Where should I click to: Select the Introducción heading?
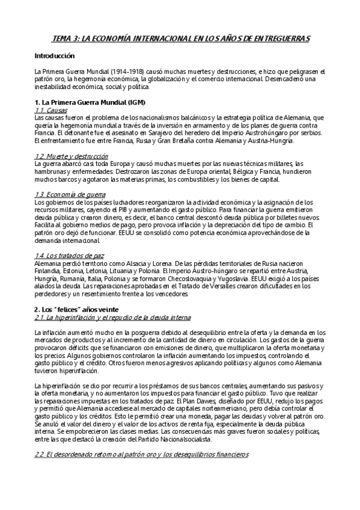(54, 55)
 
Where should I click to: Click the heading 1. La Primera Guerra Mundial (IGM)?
(90, 103)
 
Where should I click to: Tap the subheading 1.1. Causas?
(50, 110)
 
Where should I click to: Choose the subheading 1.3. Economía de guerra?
(70, 194)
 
